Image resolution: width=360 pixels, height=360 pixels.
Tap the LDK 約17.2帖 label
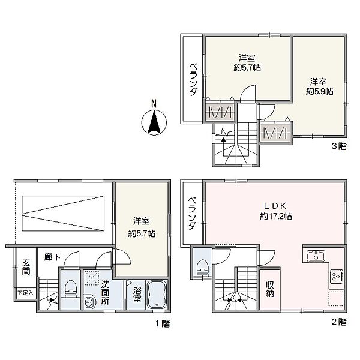(276, 211)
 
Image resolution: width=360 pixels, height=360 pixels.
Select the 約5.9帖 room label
(319, 92)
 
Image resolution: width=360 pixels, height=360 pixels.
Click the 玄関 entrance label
(26, 267)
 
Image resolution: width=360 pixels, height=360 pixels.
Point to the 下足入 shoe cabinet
(25, 293)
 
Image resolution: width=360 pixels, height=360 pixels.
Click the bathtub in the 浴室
(157, 295)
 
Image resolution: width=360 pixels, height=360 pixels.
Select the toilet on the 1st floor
(70, 289)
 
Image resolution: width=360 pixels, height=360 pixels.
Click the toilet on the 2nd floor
(202, 268)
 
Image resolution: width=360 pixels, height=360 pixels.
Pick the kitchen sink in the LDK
(316, 256)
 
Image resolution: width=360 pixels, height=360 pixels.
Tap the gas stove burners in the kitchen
(337, 276)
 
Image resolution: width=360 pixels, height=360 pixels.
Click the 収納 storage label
(269, 289)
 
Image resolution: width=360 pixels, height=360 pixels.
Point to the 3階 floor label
(339, 146)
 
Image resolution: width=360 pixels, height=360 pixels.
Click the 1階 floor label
(163, 324)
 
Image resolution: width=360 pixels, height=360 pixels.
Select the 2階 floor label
(339, 322)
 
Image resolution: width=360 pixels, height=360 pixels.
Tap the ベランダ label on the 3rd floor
(193, 79)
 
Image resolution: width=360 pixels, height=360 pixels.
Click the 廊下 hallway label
(52, 257)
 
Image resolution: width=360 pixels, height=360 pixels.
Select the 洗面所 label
(105, 293)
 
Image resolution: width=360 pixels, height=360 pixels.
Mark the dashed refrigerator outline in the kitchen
(336, 298)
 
